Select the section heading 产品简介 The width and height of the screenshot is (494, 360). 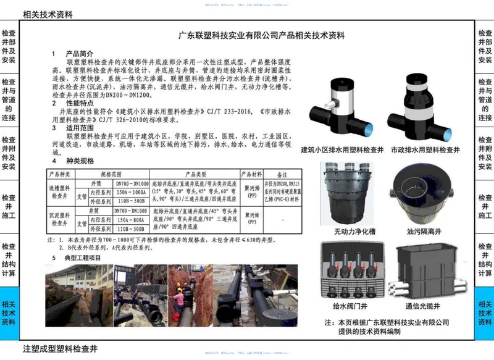point(79,54)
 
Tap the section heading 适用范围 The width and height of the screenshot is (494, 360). point(79,127)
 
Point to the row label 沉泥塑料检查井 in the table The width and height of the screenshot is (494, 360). point(61,219)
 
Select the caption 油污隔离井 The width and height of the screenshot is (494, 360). point(421,232)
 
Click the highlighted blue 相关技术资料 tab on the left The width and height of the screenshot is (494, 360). point(9,313)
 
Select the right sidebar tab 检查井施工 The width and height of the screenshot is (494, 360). point(484,207)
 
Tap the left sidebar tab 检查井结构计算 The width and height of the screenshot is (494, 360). point(9,259)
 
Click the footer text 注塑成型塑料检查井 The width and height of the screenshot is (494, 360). point(61,349)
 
